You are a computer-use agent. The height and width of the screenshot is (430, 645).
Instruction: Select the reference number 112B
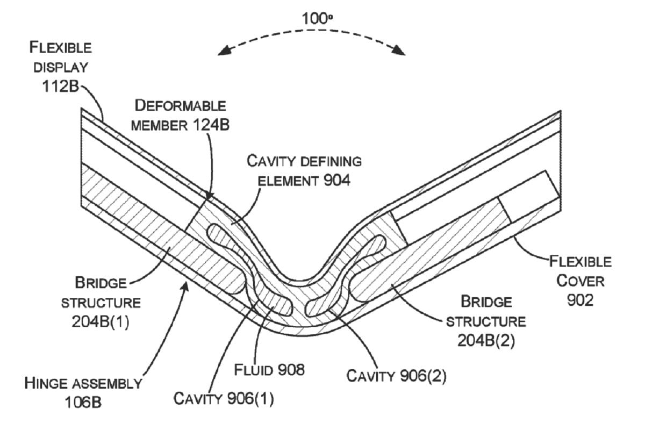pyautogui.click(x=61, y=86)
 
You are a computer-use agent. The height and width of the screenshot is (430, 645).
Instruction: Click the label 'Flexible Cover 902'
pyautogui.click(x=580, y=281)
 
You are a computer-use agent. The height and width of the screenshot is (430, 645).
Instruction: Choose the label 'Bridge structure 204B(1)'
pyautogui.click(x=101, y=302)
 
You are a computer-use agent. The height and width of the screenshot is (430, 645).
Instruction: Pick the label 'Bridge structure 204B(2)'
pyautogui.click(x=486, y=320)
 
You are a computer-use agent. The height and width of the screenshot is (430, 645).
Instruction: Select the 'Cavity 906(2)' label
pyautogui.click(x=396, y=375)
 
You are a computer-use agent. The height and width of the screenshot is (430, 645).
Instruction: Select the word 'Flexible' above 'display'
pyautogui.click(x=61, y=47)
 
